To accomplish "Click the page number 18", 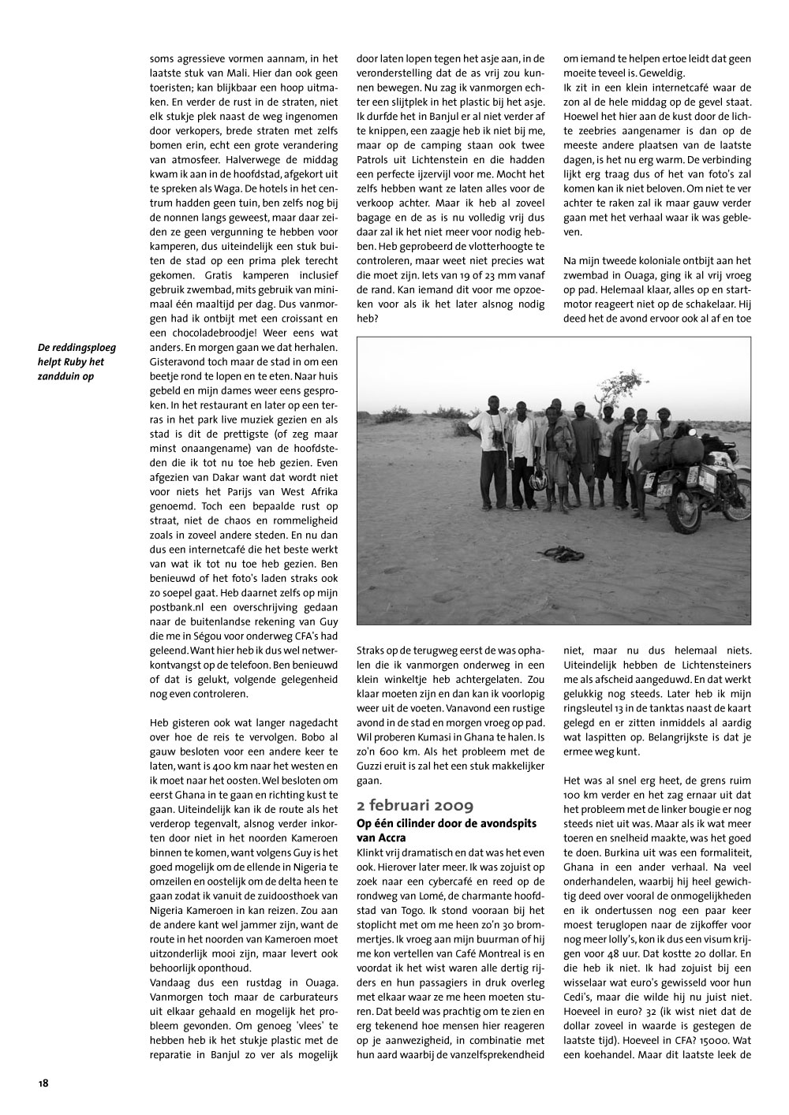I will pos(43,1082).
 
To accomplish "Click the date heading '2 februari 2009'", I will pos(415,805).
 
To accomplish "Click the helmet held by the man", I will pos(537,479).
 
